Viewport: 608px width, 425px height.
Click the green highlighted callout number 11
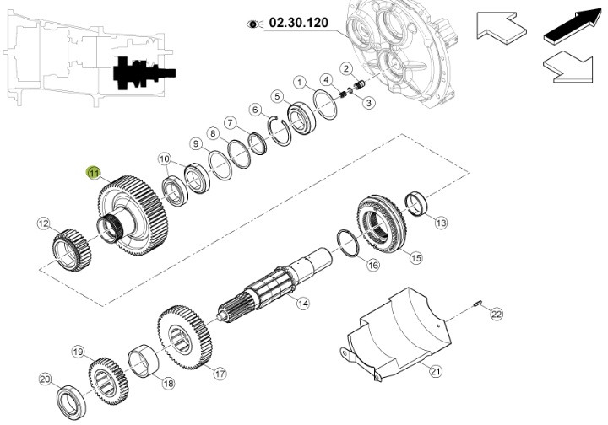(x=94, y=173)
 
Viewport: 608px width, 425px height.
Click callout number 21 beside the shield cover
(x=436, y=371)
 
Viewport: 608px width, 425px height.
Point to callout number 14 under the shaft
(x=302, y=304)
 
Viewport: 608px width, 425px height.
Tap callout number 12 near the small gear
(x=44, y=223)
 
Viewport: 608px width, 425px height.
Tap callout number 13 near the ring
(x=442, y=223)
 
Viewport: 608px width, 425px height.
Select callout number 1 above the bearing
(x=299, y=82)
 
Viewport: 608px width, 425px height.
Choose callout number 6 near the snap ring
(x=254, y=110)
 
